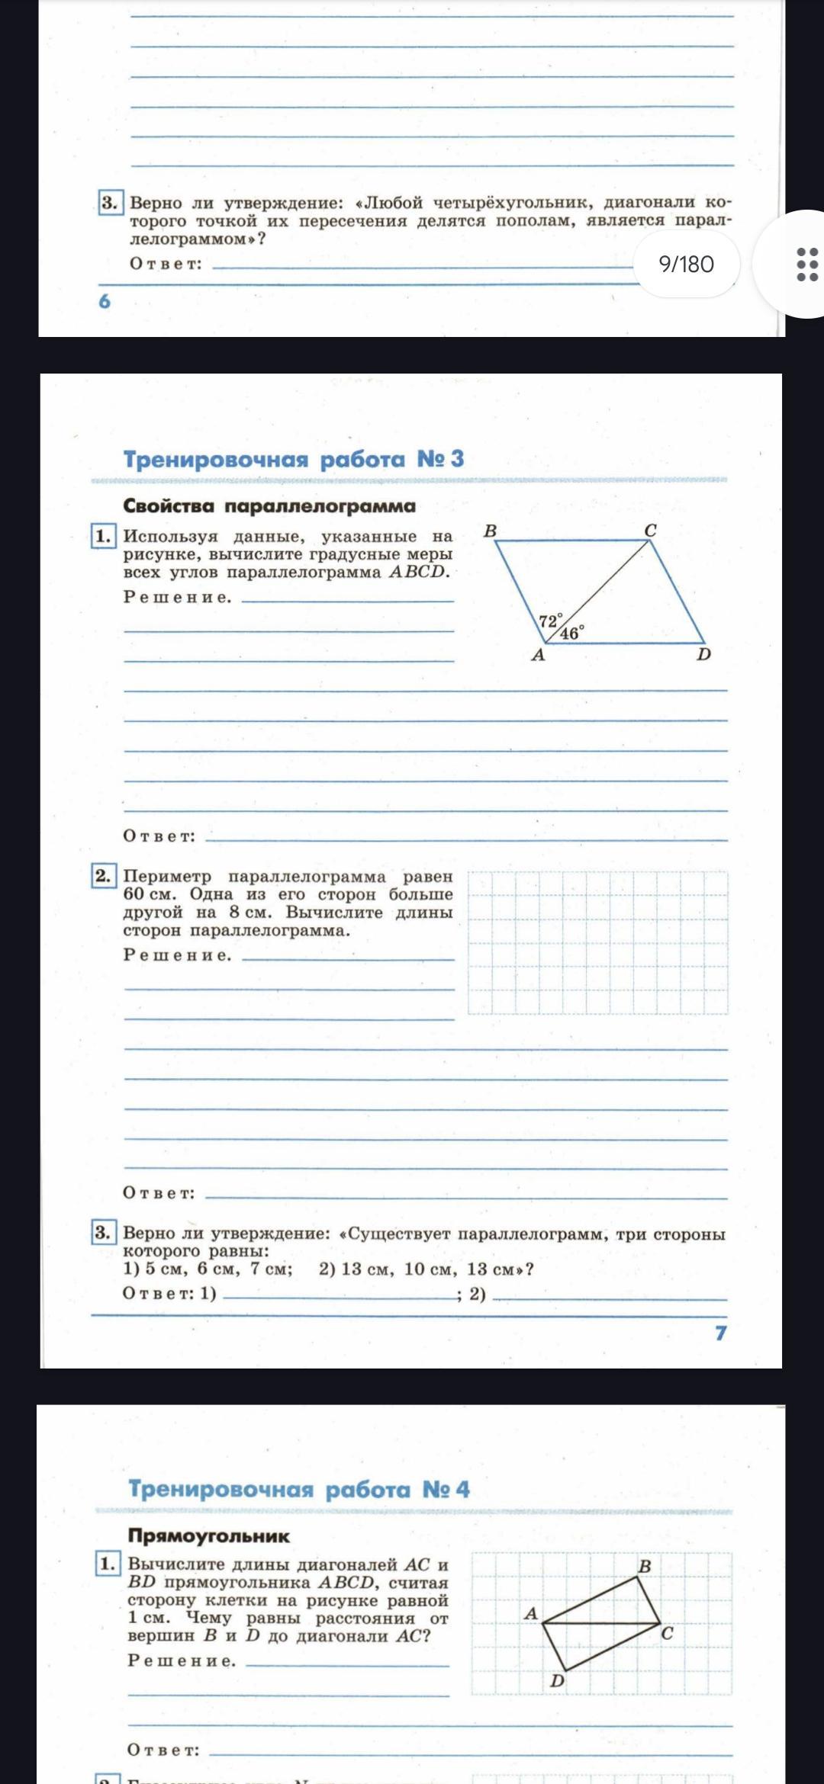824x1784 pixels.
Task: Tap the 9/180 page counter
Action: tap(686, 264)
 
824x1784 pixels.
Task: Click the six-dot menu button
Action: tap(806, 264)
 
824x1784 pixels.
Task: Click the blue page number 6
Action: tap(105, 301)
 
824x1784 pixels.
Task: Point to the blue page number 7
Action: tap(720, 1333)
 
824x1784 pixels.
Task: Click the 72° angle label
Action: tap(550, 621)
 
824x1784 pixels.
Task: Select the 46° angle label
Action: tap(571, 633)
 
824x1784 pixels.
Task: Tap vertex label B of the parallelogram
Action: tap(491, 531)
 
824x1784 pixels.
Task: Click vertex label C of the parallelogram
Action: tap(650, 531)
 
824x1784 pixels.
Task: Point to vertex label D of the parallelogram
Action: tap(703, 654)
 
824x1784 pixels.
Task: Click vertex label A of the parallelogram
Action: tap(538, 655)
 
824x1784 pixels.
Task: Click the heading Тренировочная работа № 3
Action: tap(294, 459)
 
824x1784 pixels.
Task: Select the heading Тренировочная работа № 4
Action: tap(298, 1489)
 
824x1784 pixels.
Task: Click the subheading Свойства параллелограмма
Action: tap(269, 505)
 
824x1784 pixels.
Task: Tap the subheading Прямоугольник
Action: tap(208, 1535)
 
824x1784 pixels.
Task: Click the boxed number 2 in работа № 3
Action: tap(103, 875)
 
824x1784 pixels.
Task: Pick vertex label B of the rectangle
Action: tap(645, 1566)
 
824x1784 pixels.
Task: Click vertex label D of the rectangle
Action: tap(558, 1680)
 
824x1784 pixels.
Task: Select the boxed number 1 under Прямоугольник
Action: tap(107, 1564)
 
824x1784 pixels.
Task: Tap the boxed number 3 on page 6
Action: tap(110, 202)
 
